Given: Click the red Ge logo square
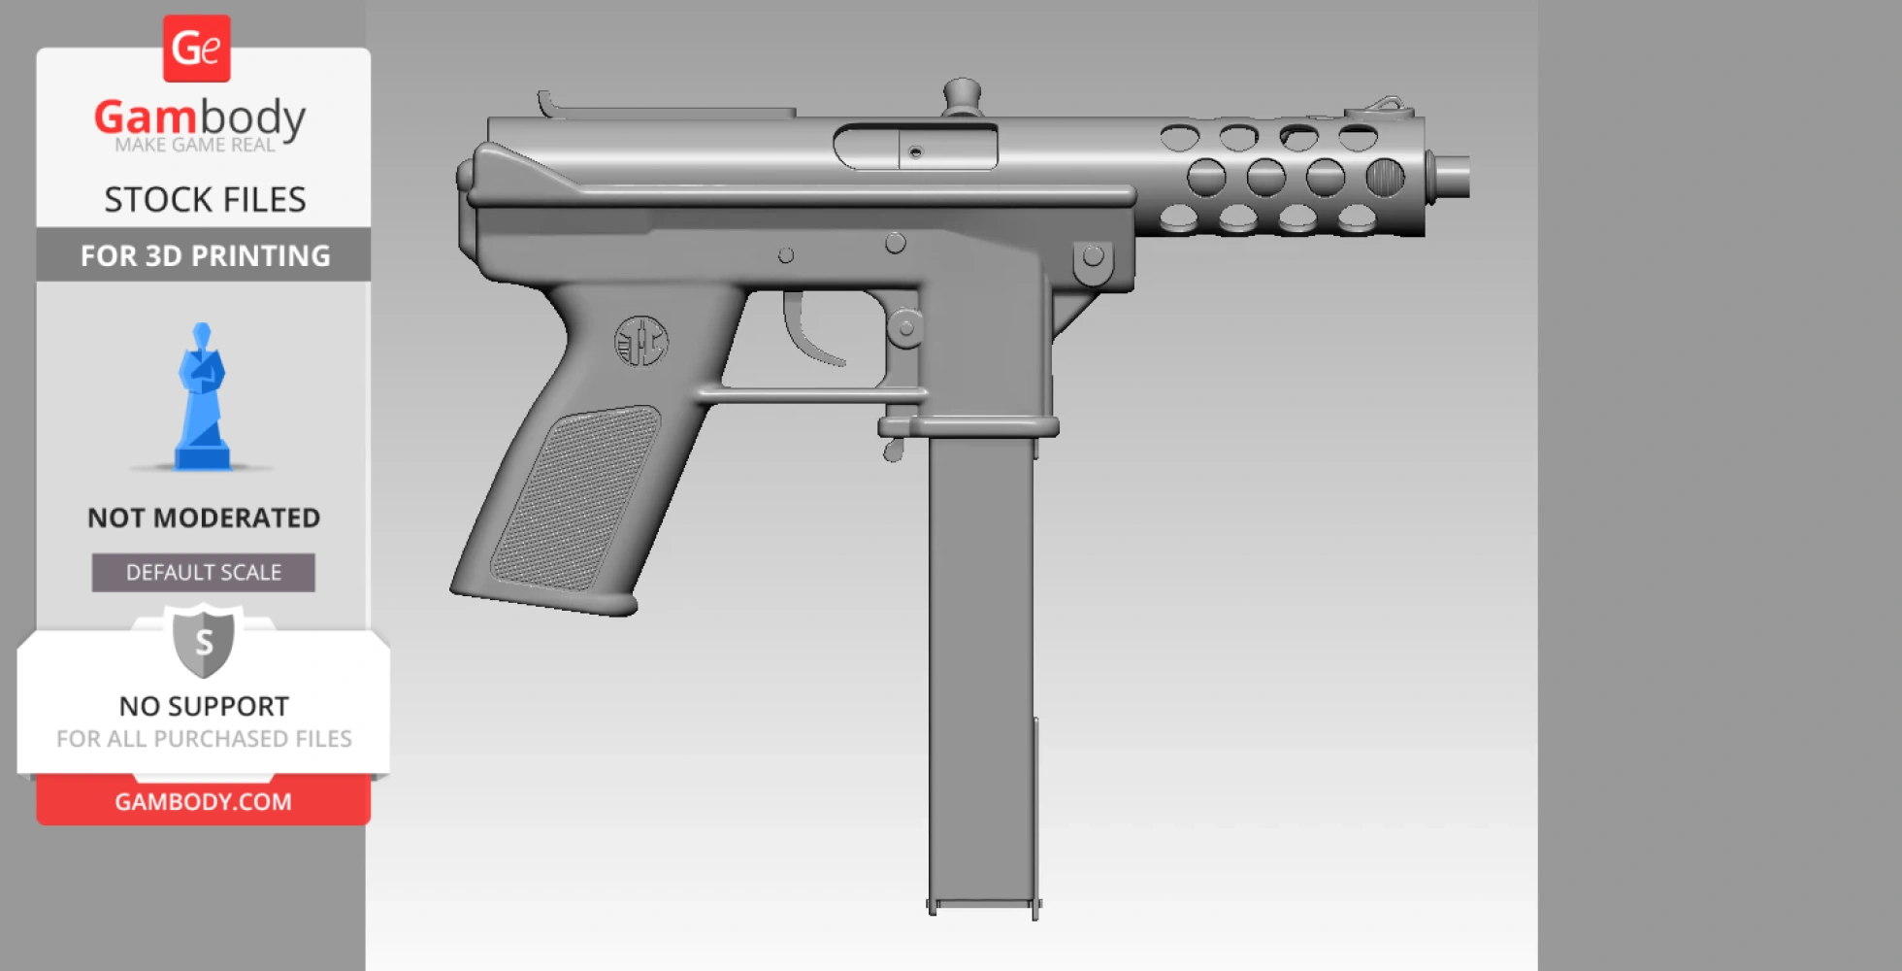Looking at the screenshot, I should coord(196,49).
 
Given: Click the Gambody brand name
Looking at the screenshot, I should coord(200,117).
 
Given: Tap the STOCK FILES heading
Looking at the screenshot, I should coord(205,199).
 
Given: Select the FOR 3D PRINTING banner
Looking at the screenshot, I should coord(204,255).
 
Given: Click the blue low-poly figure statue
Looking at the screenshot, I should coord(202,398).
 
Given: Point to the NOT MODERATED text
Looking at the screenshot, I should coord(204,518).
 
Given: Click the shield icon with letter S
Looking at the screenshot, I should coord(204,642).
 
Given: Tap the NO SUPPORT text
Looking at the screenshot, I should coord(204,706).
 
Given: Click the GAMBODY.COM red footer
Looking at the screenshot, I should coord(204,802).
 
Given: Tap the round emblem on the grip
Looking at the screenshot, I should coord(641,342).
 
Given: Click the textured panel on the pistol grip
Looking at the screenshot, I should coord(574,497).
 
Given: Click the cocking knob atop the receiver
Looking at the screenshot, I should coord(962,95).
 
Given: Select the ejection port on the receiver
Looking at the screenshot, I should coord(915,149).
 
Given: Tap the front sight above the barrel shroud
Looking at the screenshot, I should coord(1386,104).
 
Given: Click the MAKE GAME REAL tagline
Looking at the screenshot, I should coord(195,146).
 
